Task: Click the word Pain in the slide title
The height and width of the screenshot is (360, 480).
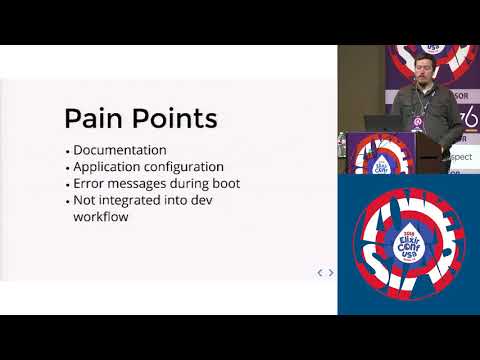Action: click(95, 119)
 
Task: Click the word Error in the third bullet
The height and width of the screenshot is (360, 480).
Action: click(92, 184)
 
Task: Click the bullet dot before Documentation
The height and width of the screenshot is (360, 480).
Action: click(67, 151)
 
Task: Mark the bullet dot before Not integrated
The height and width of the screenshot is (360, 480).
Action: click(67, 201)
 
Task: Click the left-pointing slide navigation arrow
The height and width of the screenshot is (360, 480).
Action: click(319, 272)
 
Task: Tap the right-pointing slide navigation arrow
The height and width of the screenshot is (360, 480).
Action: click(331, 272)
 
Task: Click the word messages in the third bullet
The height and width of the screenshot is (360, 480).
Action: click(153, 184)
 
